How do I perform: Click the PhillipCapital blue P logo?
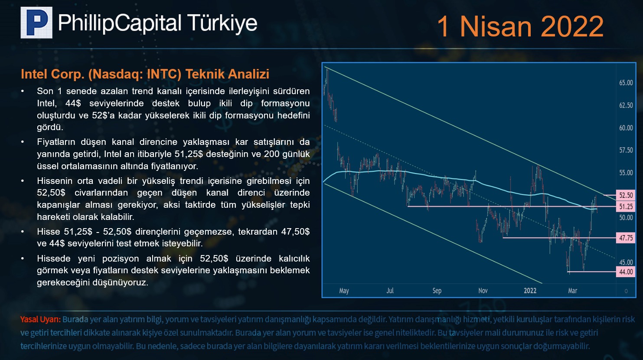36,23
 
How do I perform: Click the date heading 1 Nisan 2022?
520,26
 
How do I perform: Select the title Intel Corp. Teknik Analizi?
145,74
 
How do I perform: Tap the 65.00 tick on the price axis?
626,83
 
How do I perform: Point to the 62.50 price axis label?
626,105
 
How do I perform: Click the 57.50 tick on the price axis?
626,150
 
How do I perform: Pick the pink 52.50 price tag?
626,195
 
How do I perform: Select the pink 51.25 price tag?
626,206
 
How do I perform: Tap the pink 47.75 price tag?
626,238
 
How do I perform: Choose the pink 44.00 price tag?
626,272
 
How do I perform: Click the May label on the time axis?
344,291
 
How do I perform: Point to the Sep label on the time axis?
437,291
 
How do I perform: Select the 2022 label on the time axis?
530,291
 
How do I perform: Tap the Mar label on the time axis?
572,291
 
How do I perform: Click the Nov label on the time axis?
483,291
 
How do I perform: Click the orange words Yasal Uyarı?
40,319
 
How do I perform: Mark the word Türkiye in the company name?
222,23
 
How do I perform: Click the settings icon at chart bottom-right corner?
626,291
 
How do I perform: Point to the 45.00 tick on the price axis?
626,262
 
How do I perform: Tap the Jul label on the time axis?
390,291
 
